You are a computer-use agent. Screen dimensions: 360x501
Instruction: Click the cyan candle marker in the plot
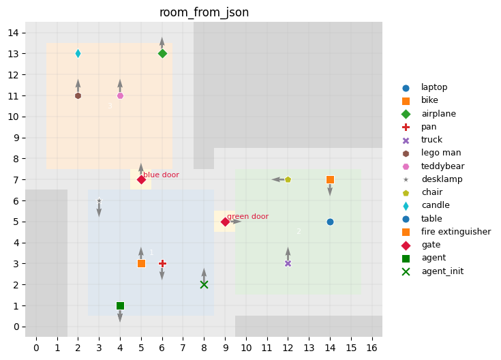(x=78, y=54)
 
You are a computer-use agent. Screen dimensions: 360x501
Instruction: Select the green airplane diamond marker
(x=162, y=54)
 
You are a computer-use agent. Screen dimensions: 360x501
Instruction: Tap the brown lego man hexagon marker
(x=78, y=95)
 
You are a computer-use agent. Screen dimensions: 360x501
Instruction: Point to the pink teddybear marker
(x=120, y=95)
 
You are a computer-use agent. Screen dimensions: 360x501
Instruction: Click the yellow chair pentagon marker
(x=288, y=180)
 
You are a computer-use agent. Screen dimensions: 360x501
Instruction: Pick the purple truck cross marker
(x=288, y=263)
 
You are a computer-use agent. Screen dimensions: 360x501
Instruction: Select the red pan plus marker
(x=162, y=263)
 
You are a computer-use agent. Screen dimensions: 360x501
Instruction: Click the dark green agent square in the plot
(x=120, y=305)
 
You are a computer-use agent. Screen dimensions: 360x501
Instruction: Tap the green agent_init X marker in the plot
(x=204, y=284)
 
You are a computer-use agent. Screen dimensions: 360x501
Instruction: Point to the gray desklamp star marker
(x=99, y=200)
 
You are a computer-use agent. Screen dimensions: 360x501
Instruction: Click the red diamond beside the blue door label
(x=141, y=180)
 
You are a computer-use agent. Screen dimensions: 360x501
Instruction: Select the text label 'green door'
(x=247, y=217)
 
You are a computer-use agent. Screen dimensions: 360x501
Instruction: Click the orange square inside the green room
(x=330, y=180)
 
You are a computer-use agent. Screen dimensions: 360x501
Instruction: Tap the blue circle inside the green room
(x=330, y=222)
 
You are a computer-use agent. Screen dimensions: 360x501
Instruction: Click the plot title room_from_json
(x=204, y=13)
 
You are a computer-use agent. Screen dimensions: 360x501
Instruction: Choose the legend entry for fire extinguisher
(x=455, y=232)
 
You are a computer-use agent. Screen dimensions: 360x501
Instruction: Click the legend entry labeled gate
(x=431, y=245)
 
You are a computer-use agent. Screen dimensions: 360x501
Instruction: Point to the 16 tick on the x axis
(x=372, y=348)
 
